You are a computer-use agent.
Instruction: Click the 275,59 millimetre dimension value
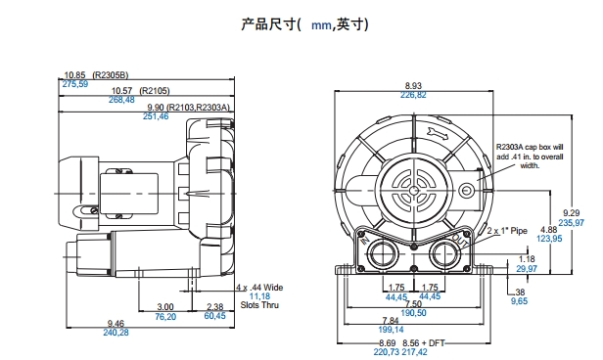click(75, 84)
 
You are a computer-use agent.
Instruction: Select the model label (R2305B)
click(111, 75)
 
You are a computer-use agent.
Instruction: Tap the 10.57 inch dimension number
click(121, 91)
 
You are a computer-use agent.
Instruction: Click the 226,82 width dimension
click(413, 95)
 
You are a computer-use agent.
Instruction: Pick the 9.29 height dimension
click(571, 213)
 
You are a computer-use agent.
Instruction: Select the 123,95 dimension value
click(549, 239)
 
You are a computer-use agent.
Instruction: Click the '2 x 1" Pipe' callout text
click(507, 231)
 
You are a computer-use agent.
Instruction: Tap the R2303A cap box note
click(530, 157)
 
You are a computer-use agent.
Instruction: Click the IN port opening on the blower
click(381, 254)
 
